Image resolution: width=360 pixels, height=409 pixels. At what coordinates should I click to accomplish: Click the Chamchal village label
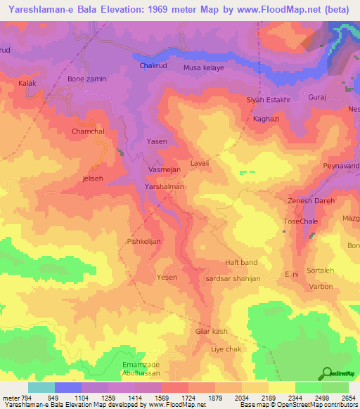[x=88, y=131]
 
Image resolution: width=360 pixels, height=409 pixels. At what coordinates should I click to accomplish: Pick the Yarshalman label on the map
[x=164, y=187]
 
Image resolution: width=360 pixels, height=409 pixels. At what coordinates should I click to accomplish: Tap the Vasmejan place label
[x=165, y=170]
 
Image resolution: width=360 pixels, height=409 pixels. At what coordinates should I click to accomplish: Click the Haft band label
[x=241, y=262]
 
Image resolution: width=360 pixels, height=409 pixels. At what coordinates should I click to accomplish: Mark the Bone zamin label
[x=86, y=79]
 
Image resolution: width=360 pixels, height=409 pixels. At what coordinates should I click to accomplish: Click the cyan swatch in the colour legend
[x=41, y=387]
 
